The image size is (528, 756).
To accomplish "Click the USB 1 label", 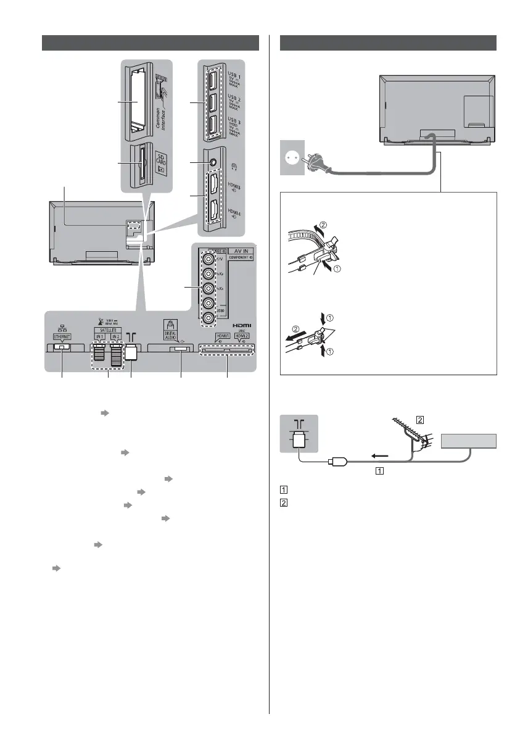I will point(234,81).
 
